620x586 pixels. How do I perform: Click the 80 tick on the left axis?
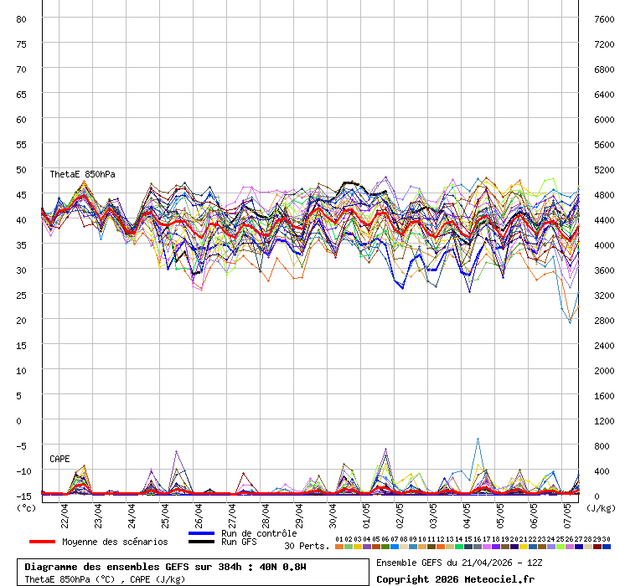[22, 18]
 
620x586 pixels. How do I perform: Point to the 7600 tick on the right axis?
[603, 18]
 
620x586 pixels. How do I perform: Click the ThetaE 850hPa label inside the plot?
[82, 174]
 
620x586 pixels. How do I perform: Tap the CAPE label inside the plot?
[59, 459]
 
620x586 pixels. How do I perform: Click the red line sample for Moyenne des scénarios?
[41, 542]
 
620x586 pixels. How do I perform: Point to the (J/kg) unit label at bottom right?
[600, 507]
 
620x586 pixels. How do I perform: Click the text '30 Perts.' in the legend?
[306, 546]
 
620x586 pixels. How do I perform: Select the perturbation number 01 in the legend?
[338, 539]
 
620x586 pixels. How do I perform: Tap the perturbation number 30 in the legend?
[606, 539]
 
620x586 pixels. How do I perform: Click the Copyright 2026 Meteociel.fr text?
[455, 578]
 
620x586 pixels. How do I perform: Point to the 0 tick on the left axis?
[23, 420]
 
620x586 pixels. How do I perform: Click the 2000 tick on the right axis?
[603, 370]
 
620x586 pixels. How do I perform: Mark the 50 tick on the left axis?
[22, 169]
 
